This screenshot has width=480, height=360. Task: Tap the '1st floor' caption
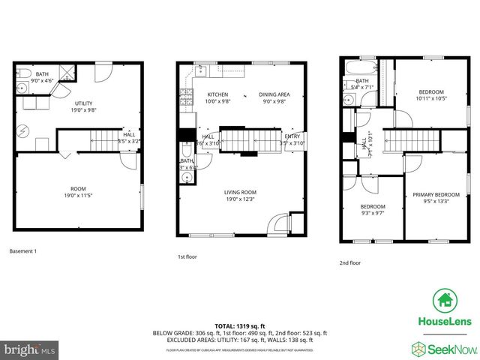187,256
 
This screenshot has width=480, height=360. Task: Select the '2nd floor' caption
350,262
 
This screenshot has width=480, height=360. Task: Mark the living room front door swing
277,224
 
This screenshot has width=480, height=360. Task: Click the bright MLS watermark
30,349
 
